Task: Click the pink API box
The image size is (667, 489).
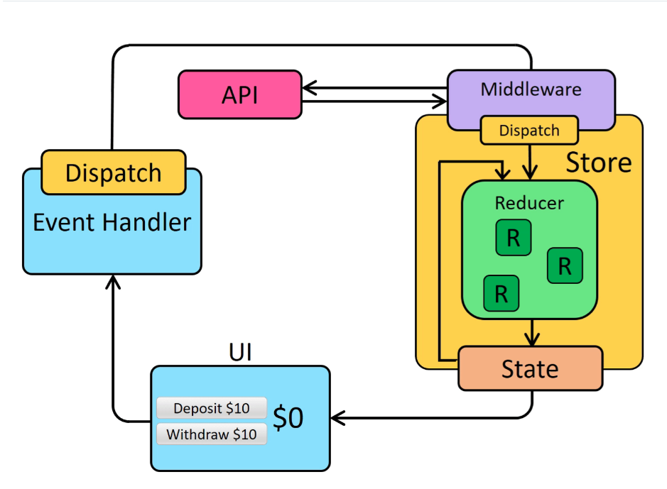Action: pos(240,94)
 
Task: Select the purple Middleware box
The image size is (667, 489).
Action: pos(531,90)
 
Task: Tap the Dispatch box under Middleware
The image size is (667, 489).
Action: pos(529,131)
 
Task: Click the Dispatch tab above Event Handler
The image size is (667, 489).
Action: pos(114,172)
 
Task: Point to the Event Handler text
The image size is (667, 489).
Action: pos(112,222)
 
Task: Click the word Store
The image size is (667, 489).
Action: pos(598,163)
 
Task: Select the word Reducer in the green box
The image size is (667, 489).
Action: pos(529,203)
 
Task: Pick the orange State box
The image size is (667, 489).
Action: pos(530,368)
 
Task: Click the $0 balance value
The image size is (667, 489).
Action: pos(288,419)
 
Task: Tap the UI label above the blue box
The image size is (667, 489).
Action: pos(240,352)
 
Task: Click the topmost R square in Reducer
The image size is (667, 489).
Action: pos(513,238)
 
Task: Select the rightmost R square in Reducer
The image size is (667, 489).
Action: pos(565,265)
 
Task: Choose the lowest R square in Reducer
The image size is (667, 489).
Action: pos(501,293)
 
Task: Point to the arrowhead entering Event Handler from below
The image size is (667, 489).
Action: pos(112,282)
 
